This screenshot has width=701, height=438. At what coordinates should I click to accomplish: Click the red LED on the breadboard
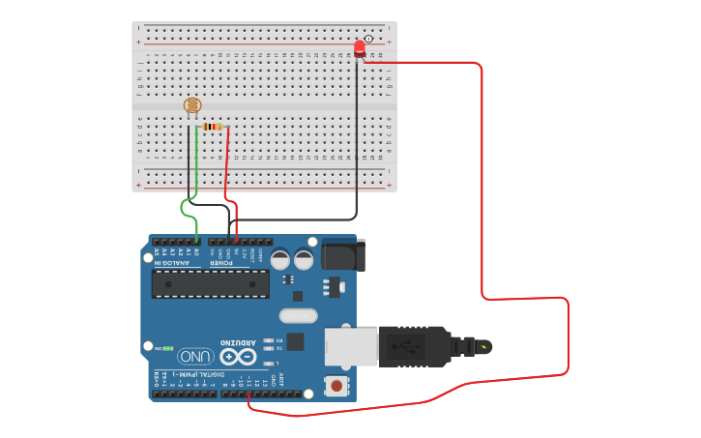pos(360,47)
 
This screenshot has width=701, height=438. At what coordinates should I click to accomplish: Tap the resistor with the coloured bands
pos(213,127)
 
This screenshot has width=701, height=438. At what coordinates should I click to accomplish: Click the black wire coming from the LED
pos(356,145)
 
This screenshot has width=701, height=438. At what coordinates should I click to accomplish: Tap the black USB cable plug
pos(416,345)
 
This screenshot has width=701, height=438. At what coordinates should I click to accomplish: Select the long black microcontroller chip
pos(211,283)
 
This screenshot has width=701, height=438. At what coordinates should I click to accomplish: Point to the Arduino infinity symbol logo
pos(237,356)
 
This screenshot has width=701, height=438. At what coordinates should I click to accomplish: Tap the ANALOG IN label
pos(174,263)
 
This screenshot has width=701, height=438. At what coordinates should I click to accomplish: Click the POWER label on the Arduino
pos(222,263)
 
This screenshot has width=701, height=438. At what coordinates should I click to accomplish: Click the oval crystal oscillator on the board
pos(298,314)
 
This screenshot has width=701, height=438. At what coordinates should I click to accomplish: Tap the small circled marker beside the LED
pos(368,38)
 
